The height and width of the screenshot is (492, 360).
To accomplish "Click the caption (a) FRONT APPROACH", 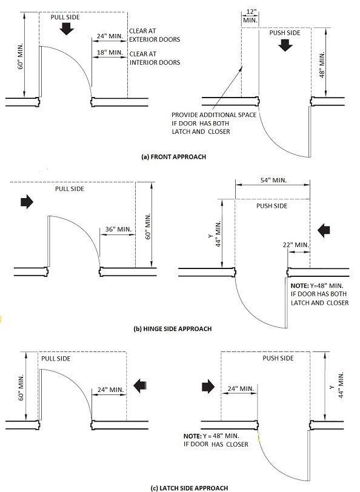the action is pyautogui.click(x=173, y=156).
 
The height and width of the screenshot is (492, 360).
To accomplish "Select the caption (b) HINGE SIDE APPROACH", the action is pyautogui.click(x=173, y=328).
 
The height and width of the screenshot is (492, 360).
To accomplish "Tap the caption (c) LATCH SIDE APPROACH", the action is pyautogui.click(x=189, y=488).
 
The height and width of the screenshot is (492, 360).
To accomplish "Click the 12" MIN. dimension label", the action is pyautogui.click(x=250, y=16).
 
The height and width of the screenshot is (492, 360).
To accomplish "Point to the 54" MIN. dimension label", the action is pyautogui.click(x=273, y=180).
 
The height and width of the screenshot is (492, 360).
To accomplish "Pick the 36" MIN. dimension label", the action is pyautogui.click(x=118, y=229).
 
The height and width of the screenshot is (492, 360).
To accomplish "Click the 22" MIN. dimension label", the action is pyautogui.click(x=296, y=245).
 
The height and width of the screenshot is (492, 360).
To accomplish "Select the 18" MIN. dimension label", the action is pyautogui.click(x=110, y=52).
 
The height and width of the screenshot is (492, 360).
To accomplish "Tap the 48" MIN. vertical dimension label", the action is pyautogui.click(x=322, y=64).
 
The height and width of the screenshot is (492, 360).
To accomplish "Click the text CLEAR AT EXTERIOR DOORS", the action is pyautogui.click(x=155, y=35).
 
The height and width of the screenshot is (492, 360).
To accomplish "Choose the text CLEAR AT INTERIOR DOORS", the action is pyautogui.click(x=155, y=58).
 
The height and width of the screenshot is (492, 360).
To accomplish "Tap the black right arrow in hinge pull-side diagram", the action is pyautogui.click(x=27, y=202).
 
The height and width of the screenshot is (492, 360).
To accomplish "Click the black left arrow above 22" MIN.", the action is pyautogui.click(x=324, y=231).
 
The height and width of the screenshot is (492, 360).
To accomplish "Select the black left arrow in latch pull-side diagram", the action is pyautogui.click(x=139, y=386).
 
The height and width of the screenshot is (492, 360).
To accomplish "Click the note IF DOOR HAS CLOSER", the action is pyautogui.click(x=216, y=444).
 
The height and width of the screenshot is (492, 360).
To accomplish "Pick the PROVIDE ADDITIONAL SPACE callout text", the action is pyautogui.click(x=214, y=124).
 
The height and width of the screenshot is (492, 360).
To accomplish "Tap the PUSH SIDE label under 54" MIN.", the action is pyautogui.click(x=272, y=206).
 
